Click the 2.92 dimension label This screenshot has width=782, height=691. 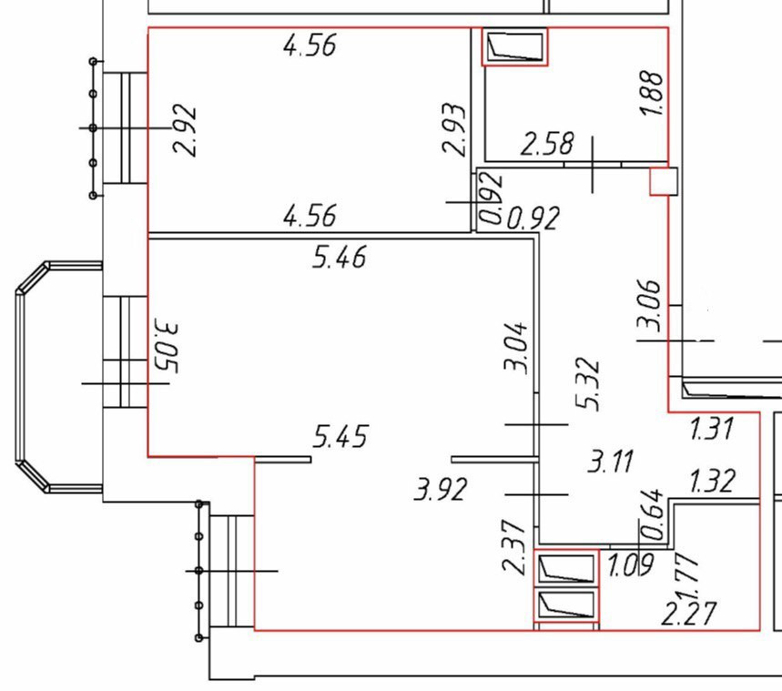coord(184,130)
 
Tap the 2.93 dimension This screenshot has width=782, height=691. coord(454,129)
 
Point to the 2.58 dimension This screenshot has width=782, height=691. coord(547,143)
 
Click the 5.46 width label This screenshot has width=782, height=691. coord(340,257)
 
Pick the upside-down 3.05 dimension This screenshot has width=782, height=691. coord(164,346)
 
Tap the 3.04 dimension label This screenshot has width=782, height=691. coord(515,347)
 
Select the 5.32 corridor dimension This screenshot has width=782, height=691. coord(587,383)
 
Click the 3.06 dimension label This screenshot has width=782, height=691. coord(649,305)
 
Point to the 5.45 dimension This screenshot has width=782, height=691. coord(340,435)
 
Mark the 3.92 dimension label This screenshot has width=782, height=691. coord(441,489)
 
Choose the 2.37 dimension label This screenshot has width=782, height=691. coord(513,546)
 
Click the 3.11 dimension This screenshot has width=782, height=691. coord(611,461)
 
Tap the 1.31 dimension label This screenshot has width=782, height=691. coord(712,429)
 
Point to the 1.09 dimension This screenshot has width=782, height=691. coord(630,564)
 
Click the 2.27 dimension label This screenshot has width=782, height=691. coord(689,614)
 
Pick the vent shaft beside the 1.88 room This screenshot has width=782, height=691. coord(514,47)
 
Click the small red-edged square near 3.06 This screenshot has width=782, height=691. coord(664,181)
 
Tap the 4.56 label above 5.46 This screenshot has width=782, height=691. coord(310,216)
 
